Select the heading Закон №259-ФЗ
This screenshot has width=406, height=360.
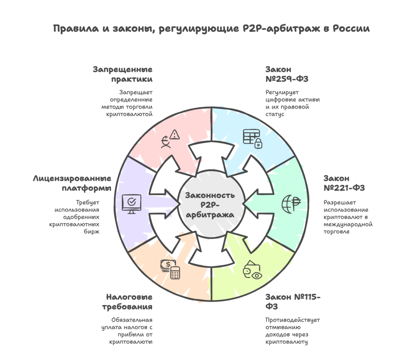coord(287,74)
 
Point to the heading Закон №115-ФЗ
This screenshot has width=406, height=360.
coord(293,302)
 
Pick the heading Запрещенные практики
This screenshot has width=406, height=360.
coord(123,74)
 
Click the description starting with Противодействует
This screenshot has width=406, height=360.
coord(293,330)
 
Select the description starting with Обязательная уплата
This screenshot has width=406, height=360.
coord(128,330)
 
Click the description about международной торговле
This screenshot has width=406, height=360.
coord(348,217)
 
